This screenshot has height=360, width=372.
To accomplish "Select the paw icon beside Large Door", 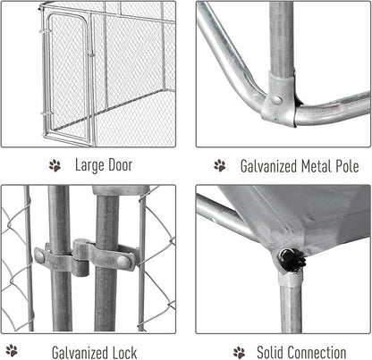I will [x=55, y=165].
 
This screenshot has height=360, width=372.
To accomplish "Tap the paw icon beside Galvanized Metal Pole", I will [x=219, y=165].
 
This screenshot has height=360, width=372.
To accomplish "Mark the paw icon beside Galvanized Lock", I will [x=12, y=351].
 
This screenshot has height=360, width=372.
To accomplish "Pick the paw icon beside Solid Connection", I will [x=239, y=351].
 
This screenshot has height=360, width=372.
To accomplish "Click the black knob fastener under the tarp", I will [x=292, y=260].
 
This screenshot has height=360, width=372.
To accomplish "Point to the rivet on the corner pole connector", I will [x=277, y=101].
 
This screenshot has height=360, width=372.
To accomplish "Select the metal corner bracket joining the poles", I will [x=279, y=100].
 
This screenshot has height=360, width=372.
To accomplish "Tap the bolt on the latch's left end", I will [x=40, y=256].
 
